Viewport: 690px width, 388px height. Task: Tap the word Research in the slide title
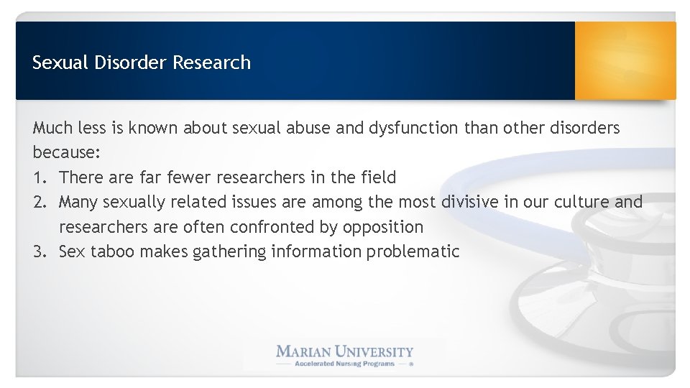click(211, 63)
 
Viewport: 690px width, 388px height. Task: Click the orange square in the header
click(625, 60)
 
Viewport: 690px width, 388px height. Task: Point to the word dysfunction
click(413, 128)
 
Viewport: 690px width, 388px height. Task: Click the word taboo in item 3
click(114, 251)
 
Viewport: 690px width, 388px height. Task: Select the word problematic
click(413, 251)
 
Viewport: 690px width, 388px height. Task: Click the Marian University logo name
click(345, 351)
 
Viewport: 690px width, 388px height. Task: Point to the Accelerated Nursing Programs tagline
click(344, 364)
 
